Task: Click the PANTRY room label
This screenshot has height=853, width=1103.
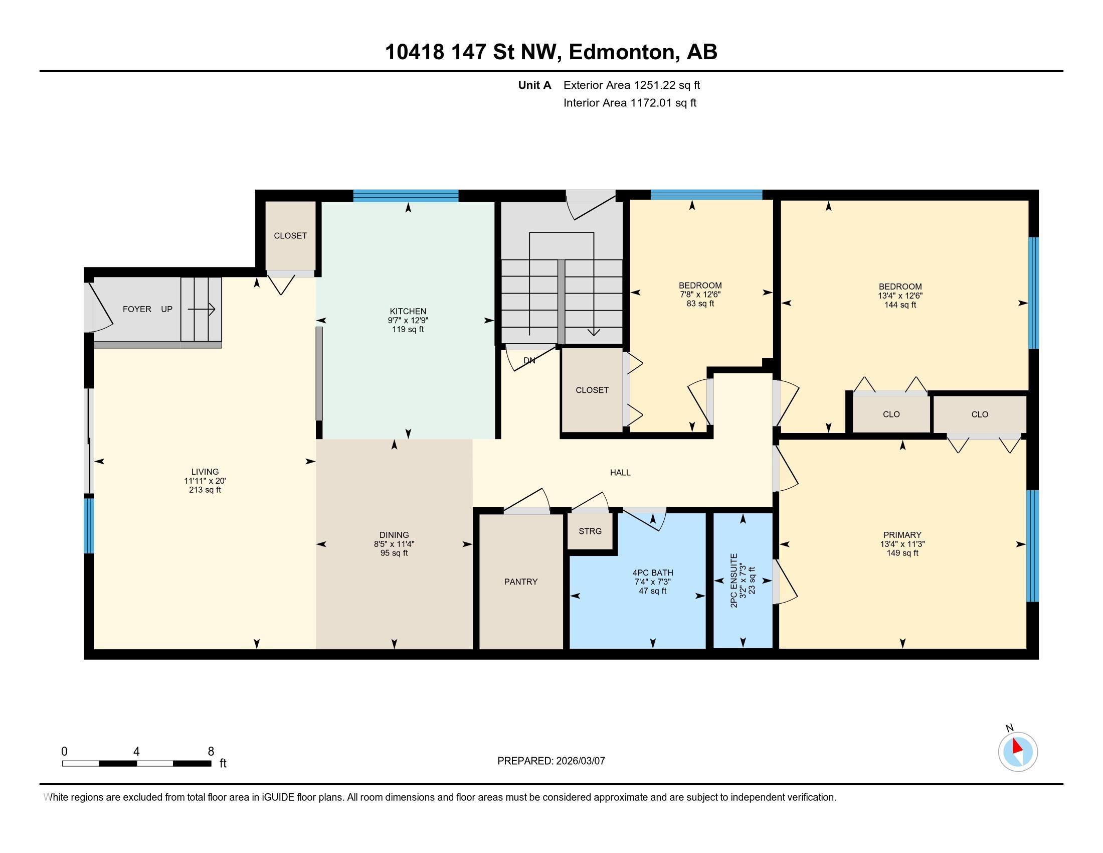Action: tap(521, 582)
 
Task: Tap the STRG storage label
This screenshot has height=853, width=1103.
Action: tap(590, 531)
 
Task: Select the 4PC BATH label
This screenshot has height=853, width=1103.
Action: tap(652, 573)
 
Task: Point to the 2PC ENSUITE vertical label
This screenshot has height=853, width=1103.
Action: tap(734, 580)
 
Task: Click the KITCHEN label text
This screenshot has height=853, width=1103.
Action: tap(408, 311)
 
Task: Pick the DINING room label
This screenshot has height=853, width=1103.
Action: tap(394, 535)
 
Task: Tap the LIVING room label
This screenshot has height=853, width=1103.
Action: tap(205, 472)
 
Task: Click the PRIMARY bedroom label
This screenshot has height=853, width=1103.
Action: tap(902, 535)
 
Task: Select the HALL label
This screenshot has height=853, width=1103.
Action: tap(620, 473)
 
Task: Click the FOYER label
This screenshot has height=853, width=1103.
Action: tap(137, 309)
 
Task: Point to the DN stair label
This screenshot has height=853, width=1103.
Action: tap(529, 360)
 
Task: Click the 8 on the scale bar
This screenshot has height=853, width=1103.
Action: tap(211, 751)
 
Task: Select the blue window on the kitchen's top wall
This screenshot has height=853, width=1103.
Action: tap(406, 196)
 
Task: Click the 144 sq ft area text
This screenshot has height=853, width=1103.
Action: tap(900, 305)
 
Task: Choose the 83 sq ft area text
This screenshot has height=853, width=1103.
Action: tap(700, 303)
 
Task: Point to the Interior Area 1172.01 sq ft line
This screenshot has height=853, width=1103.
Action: tap(630, 102)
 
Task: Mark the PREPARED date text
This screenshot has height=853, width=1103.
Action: tap(551, 761)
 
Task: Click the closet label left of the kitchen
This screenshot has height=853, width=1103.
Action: tap(290, 235)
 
